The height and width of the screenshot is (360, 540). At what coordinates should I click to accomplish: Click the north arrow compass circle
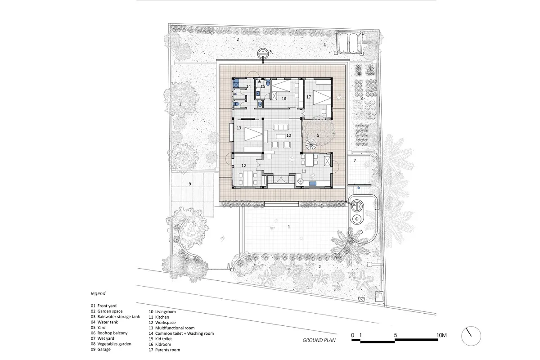click(471, 327)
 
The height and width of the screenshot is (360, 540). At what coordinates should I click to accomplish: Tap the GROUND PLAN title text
click(319, 340)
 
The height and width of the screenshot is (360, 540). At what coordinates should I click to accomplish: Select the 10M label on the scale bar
click(441, 335)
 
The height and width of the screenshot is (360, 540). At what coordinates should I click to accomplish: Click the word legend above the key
click(98, 293)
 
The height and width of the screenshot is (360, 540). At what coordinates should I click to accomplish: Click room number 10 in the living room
click(288, 135)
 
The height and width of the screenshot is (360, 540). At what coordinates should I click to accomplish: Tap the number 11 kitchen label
click(304, 171)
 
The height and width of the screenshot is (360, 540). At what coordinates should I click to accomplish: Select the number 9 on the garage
click(190, 184)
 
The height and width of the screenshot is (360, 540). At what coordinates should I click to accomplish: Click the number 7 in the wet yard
click(355, 160)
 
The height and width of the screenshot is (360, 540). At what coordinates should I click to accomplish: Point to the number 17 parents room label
click(309, 97)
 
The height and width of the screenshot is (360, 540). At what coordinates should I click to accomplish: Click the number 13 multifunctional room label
click(238, 128)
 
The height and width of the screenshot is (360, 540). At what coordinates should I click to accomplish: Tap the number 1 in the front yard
click(289, 227)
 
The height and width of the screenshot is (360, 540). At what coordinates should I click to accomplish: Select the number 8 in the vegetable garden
click(361, 99)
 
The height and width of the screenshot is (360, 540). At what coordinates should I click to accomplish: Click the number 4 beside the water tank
click(324, 45)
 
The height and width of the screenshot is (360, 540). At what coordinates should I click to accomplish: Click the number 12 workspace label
click(243, 166)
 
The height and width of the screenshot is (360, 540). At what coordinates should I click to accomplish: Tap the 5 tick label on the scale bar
click(396, 335)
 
